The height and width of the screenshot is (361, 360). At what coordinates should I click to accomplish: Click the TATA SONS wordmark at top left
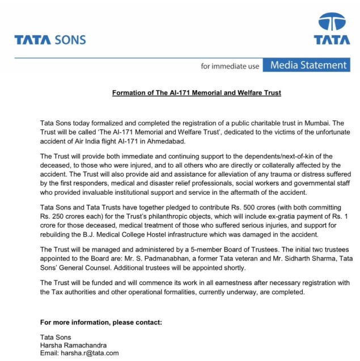[50, 40]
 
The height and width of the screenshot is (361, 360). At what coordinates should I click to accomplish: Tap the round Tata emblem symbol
[332, 23]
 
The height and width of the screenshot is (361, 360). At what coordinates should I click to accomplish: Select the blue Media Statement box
[308, 65]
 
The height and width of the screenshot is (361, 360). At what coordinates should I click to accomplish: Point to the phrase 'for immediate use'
[230, 66]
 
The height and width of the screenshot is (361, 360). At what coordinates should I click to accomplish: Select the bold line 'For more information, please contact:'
[101, 322]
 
